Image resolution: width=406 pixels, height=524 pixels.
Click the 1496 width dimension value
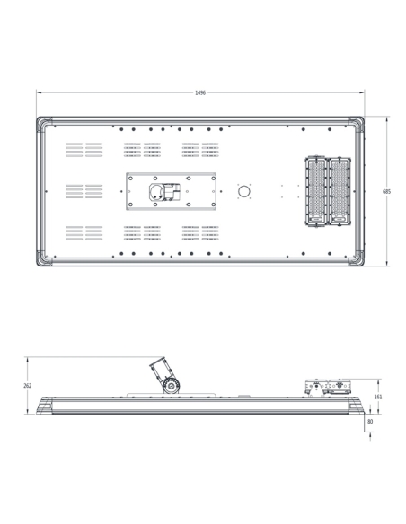200,92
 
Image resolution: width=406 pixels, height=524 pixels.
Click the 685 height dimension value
386,191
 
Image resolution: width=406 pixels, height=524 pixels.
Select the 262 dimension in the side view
28,385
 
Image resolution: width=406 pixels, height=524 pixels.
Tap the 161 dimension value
378,397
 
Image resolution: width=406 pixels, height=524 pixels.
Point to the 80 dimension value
370,422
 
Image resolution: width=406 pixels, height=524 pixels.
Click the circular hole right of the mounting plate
244,191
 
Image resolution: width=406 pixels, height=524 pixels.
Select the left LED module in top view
315,191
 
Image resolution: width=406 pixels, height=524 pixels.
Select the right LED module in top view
339,191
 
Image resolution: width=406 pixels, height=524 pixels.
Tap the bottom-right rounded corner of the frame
359,262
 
